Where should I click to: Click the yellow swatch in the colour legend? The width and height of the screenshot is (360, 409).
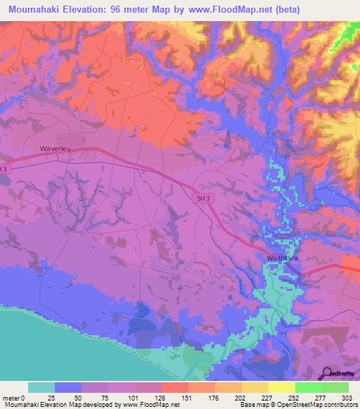click(x=282, y=387)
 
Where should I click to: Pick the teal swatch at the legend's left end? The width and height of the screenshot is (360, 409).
click(x=41, y=387)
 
